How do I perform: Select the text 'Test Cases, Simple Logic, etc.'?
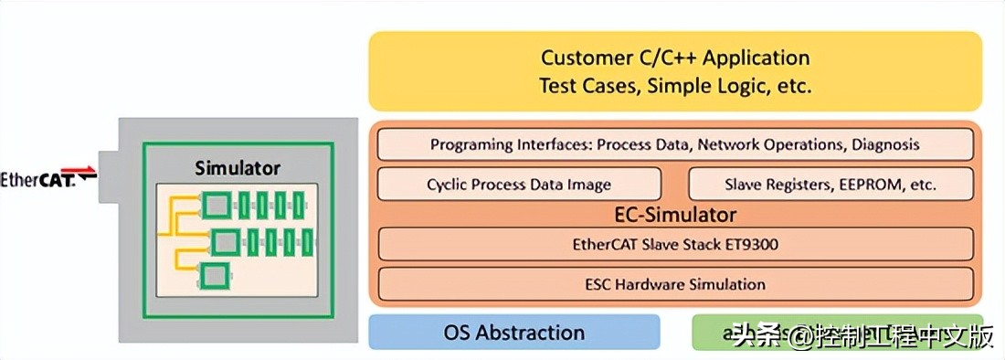(x=675, y=87)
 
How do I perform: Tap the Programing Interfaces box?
(x=674, y=144)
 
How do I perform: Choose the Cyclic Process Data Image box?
(x=518, y=184)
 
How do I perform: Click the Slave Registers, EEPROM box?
(x=830, y=184)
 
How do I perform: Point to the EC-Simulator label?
(x=675, y=216)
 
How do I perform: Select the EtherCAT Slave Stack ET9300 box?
(x=674, y=244)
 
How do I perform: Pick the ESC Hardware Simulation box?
(x=674, y=283)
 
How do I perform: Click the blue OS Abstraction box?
(x=513, y=332)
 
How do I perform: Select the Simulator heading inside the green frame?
(x=238, y=168)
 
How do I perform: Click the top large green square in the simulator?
(x=217, y=204)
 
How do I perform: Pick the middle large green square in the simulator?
(x=225, y=242)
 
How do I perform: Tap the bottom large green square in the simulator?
(x=215, y=275)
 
